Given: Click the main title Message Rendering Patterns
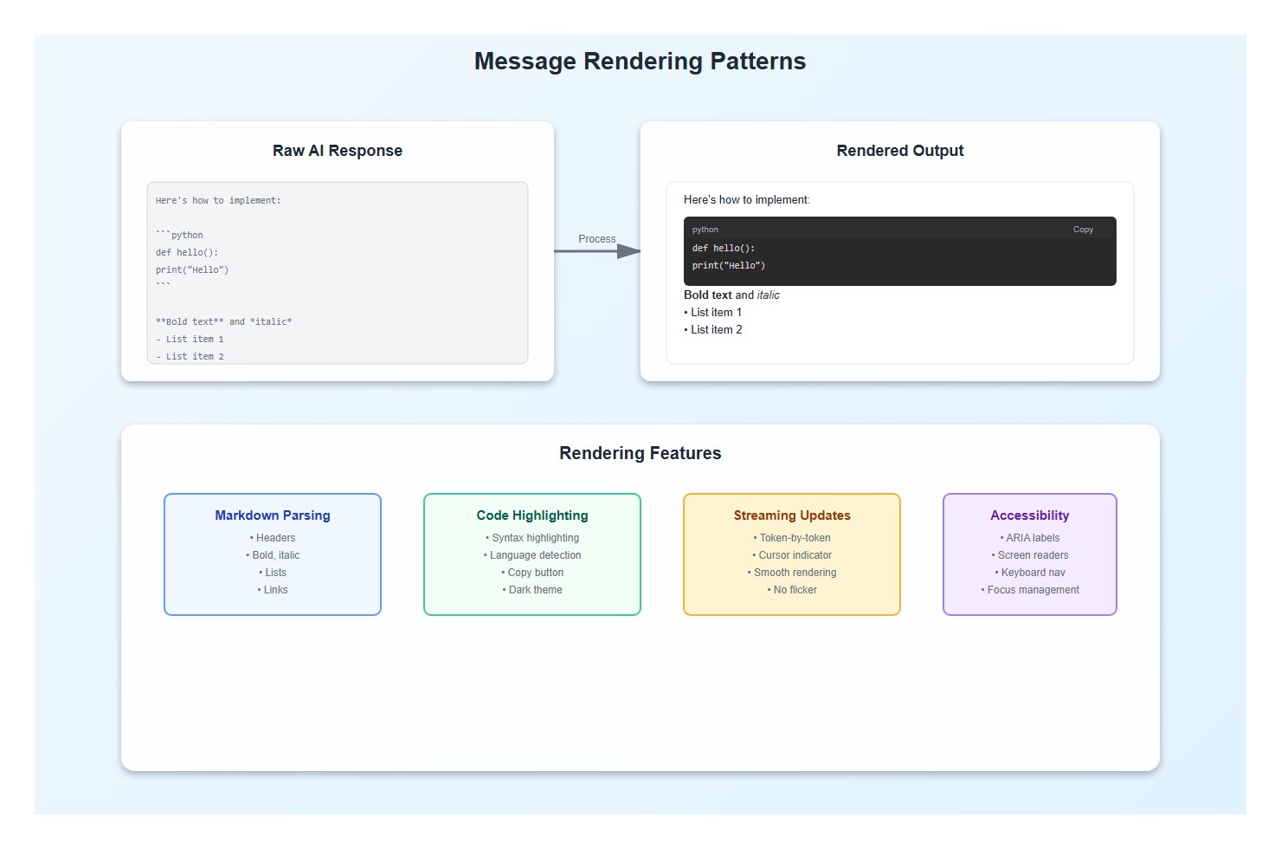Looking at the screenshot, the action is pos(640,62).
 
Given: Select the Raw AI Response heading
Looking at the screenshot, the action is pos(338,151).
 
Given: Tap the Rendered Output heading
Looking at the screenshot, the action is pos(899,151).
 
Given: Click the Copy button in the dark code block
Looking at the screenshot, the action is pos(1083,230).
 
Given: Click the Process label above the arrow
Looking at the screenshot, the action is pos(597,239).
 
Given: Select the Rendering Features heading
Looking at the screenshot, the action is pos(640,453).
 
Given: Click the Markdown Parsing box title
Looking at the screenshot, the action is pos(273,515).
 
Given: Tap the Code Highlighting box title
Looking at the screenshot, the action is pos(532,515).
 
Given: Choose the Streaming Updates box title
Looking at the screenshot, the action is pos(792,515).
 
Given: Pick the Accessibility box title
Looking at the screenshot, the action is pos(1029,515).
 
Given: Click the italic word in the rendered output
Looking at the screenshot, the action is pos(768,295).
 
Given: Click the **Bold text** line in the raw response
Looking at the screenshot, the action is pos(223,322).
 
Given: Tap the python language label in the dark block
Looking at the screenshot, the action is pos(705,230).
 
